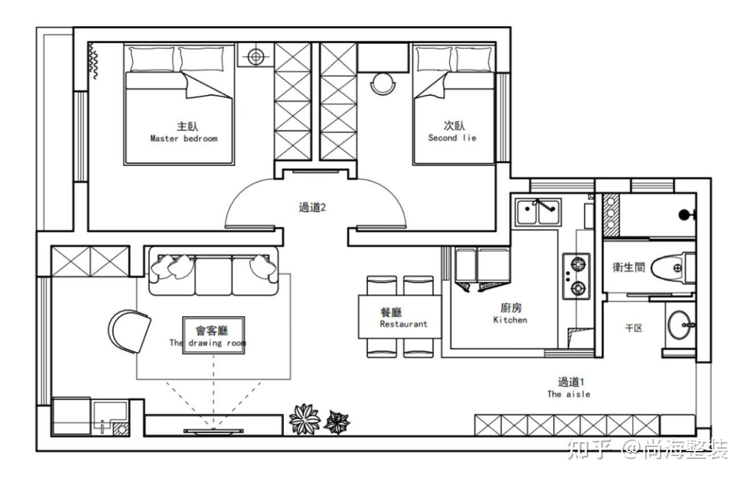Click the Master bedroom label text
(x=184, y=138)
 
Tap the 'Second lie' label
(x=452, y=138)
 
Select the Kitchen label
(x=511, y=320)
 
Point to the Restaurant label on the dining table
(x=404, y=324)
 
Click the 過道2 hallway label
(x=312, y=208)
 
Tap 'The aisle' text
(x=568, y=394)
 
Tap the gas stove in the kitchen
(x=576, y=276)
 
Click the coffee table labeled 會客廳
(x=213, y=335)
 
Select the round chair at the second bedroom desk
(x=384, y=84)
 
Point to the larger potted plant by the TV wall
(x=305, y=419)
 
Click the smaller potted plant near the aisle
(x=337, y=423)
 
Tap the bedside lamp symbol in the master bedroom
(x=256, y=56)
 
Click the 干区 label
(x=634, y=328)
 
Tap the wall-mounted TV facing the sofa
(x=213, y=431)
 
